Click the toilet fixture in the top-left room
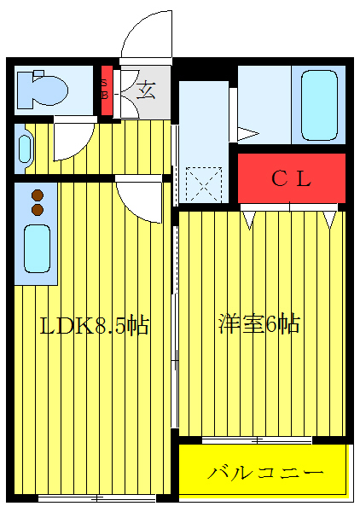(42, 89)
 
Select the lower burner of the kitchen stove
(38, 208)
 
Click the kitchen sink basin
(37, 247)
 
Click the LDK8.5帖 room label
(95, 325)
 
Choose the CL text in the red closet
(291, 178)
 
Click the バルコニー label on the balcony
(265, 472)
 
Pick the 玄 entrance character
(148, 90)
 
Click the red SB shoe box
(107, 90)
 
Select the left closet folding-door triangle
(249, 219)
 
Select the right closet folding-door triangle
(329, 219)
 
